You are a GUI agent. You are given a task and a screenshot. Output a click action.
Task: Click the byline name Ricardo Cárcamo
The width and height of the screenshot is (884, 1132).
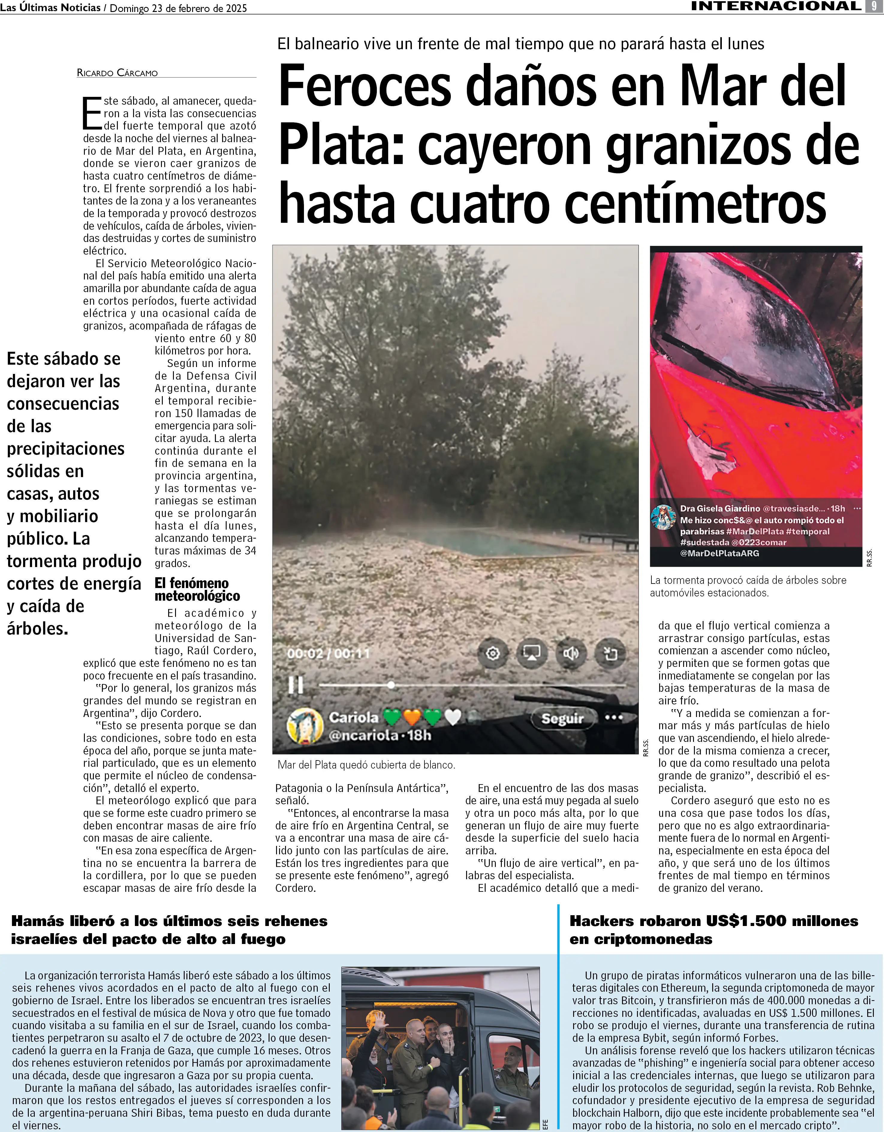(117, 73)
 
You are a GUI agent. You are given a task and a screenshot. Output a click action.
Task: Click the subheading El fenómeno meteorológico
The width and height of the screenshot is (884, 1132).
(197, 589)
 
